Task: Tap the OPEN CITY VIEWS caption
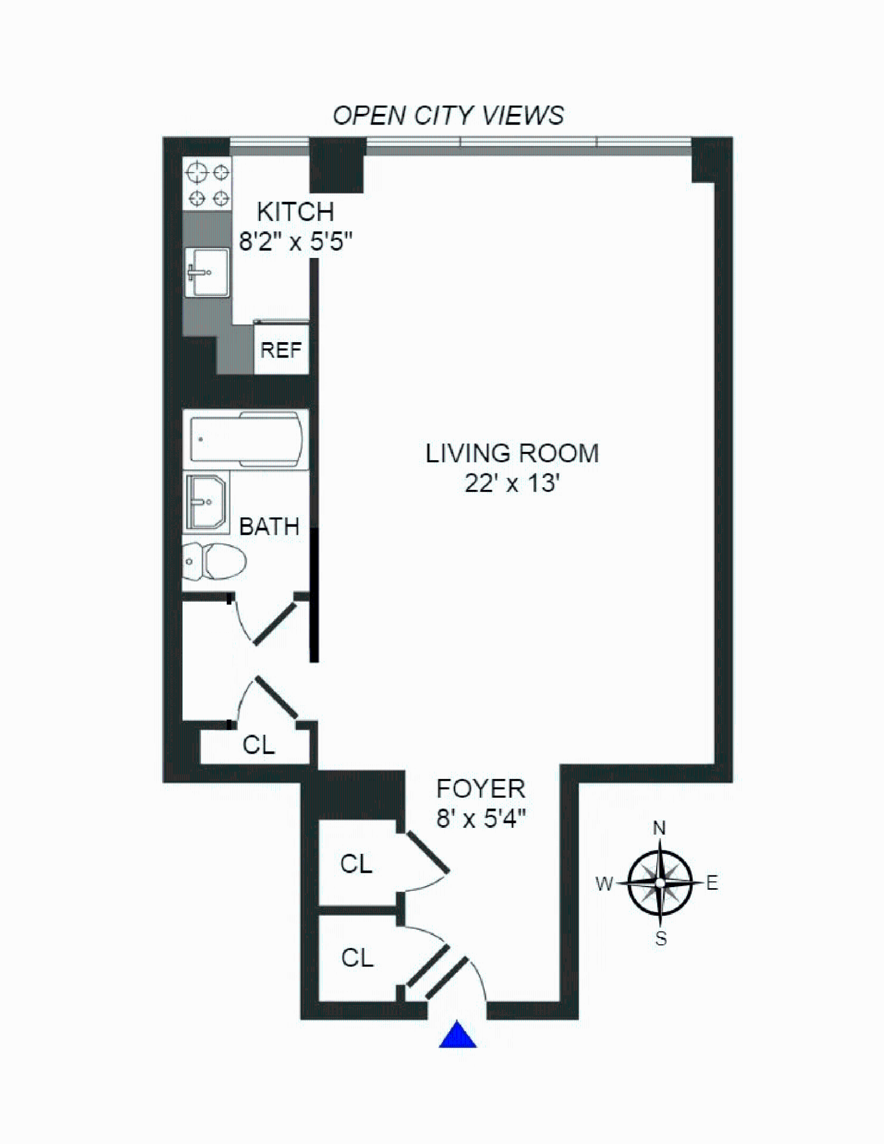coord(448,115)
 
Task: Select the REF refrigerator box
coord(281,350)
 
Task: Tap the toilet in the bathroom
coord(215,561)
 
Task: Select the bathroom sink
coord(206,502)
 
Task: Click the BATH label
coord(269,527)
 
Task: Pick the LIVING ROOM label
coord(512,453)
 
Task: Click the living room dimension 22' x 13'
coord(512,483)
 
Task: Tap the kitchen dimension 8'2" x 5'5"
coord(296,242)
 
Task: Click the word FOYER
coord(480,789)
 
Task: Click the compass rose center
coord(660,882)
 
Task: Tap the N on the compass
coord(659,828)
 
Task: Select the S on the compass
coord(660,939)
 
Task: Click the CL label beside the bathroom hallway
coord(258,745)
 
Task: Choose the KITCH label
coord(296,212)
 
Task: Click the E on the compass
coord(712,882)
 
